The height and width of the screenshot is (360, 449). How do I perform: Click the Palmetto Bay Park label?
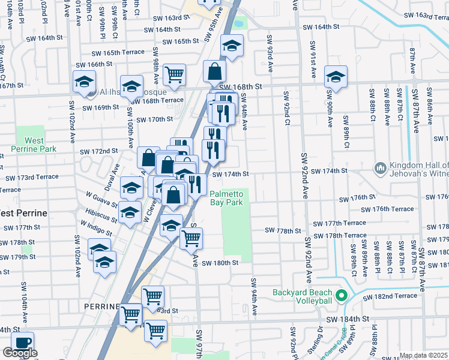[x=226, y=198]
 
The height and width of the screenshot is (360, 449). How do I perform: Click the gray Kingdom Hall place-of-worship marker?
[x=379, y=167]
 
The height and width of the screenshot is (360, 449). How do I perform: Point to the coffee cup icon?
[x=23, y=343]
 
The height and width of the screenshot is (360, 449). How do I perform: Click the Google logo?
[x=20, y=353]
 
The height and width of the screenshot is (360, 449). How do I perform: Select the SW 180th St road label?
[x=220, y=263]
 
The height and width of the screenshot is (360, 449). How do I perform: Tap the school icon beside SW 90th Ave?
[x=336, y=76]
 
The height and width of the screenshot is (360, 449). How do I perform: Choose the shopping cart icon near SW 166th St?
[x=174, y=74]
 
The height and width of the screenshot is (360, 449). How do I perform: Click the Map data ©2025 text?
[x=424, y=355]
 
